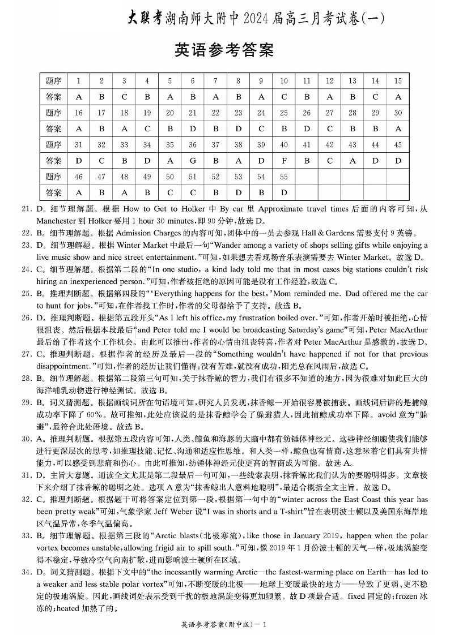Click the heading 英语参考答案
(x=225, y=50)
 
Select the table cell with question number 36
(x=193, y=145)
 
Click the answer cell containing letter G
(x=193, y=161)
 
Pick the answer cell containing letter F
(x=284, y=161)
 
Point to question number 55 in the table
(x=284, y=177)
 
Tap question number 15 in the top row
(x=398, y=81)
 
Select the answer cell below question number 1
(x=79, y=97)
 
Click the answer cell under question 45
(x=398, y=161)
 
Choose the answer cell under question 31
(x=79, y=161)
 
